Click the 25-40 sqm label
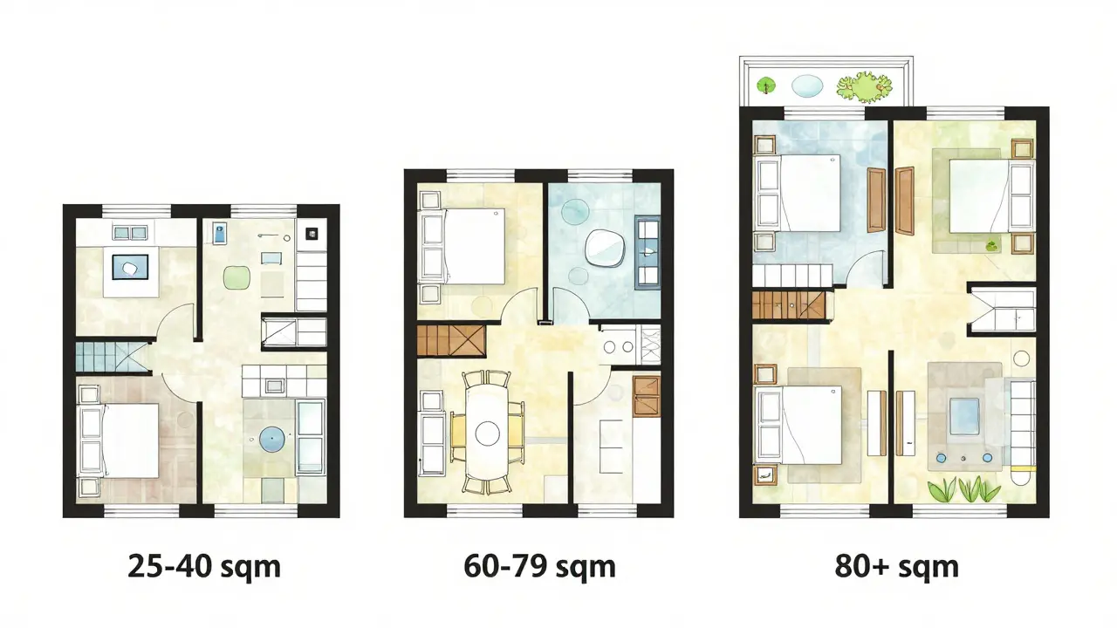coord(204,567)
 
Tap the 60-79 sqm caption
coord(539,567)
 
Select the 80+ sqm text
coord(896,567)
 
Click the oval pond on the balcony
coord(807,85)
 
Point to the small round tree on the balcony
coord(766,85)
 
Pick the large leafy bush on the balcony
coord(864,86)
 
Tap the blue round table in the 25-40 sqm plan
coord(272,439)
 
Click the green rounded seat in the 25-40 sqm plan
coord(236,277)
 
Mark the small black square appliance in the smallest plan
coord(312,233)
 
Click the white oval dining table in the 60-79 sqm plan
coord(487,432)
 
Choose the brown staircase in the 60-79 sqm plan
coord(451,341)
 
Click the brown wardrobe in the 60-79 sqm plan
coord(647,396)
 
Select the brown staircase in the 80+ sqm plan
coord(788,305)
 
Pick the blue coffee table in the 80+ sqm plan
coord(964,417)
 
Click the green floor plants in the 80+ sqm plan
coord(963,489)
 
